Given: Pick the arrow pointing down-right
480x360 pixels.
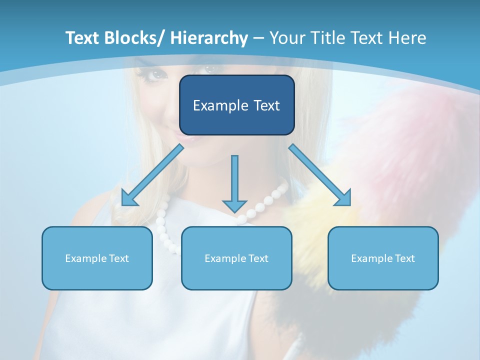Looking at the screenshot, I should tap(320, 175).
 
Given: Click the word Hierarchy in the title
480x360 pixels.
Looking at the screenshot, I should tap(209, 38).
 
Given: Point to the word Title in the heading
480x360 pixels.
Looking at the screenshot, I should tap(328, 38).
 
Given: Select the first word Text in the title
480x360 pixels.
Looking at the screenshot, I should tap(83, 38).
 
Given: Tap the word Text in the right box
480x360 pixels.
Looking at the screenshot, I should tap(404, 258).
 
